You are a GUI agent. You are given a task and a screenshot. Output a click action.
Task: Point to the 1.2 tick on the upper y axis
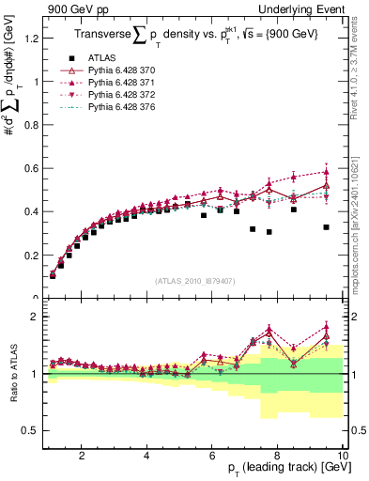31,39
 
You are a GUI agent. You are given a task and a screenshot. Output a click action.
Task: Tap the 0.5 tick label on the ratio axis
31,430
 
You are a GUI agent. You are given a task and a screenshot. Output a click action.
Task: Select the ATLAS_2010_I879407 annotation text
195,280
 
